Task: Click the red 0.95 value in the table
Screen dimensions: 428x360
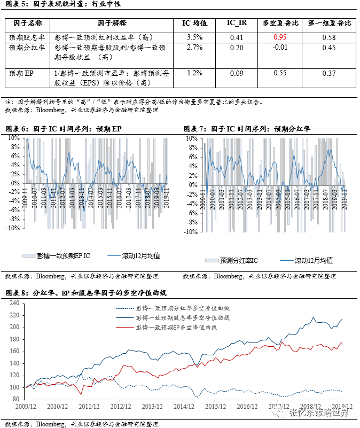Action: (280, 37)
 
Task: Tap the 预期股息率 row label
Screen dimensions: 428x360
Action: (27, 37)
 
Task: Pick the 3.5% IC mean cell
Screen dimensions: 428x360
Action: (195, 37)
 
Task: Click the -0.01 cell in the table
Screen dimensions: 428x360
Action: (280, 48)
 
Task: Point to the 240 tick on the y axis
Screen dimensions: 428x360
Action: (14, 302)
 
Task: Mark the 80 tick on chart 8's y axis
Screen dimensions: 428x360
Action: (16, 399)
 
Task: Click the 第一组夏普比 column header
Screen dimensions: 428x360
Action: (330, 24)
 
